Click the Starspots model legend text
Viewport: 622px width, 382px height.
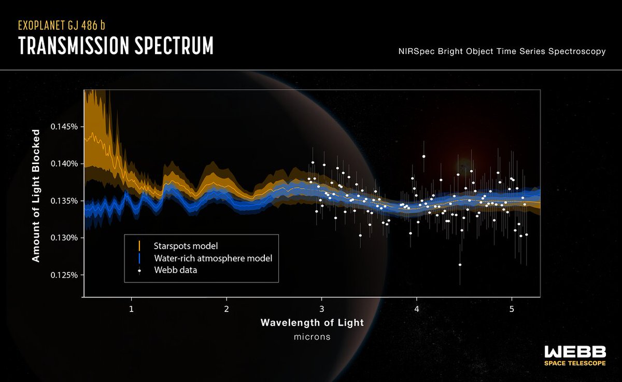[186, 245]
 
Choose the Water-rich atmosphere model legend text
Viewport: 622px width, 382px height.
[213, 257]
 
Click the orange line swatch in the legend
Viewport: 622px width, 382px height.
[139, 245]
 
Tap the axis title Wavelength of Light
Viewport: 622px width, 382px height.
[312, 322]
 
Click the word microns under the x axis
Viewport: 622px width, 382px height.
[312, 337]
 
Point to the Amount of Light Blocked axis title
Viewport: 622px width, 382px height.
[36, 196]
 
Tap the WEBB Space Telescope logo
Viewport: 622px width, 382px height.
[574, 356]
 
